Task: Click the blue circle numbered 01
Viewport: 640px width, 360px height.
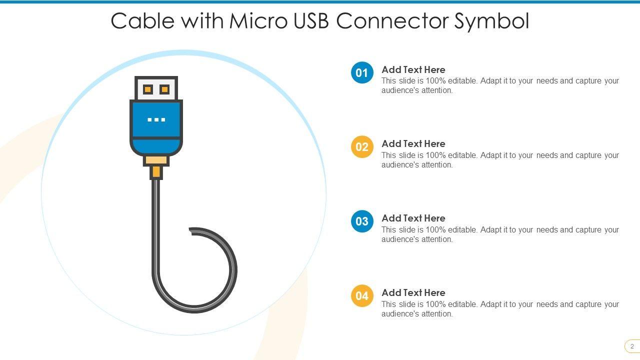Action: [362, 72]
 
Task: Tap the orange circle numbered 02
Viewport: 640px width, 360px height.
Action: [362, 147]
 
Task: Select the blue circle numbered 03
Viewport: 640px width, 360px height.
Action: [362, 221]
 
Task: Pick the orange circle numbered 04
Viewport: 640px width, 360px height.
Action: [362, 296]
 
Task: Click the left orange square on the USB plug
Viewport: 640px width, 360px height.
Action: [147, 89]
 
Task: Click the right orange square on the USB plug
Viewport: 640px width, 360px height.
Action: [164, 89]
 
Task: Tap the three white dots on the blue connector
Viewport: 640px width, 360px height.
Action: [156, 120]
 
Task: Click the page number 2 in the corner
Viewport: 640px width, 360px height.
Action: [632, 346]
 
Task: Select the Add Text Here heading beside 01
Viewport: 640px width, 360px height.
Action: [413, 70]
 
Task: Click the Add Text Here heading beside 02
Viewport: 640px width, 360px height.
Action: [413, 144]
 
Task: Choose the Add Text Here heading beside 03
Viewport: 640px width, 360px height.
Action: [413, 218]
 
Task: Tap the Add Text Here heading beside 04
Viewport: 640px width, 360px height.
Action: [413, 293]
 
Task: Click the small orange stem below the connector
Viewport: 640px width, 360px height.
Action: [156, 172]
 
